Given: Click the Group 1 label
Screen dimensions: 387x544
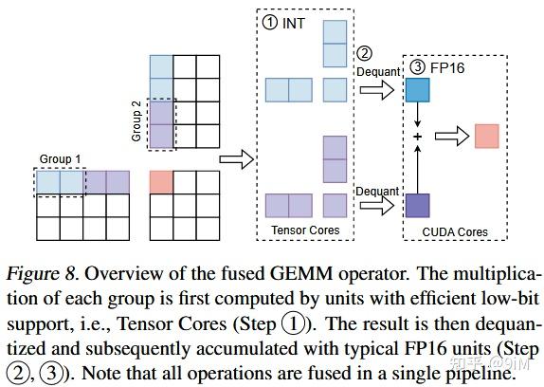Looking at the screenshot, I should [60, 159].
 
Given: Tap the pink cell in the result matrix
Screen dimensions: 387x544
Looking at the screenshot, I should [162, 181].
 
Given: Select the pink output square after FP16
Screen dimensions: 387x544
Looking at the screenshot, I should [486, 136].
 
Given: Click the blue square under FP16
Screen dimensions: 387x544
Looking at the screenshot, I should [417, 90].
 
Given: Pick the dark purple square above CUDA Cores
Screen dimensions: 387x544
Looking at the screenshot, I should [417, 204].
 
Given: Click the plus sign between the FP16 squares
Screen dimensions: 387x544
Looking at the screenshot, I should [417, 137].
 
